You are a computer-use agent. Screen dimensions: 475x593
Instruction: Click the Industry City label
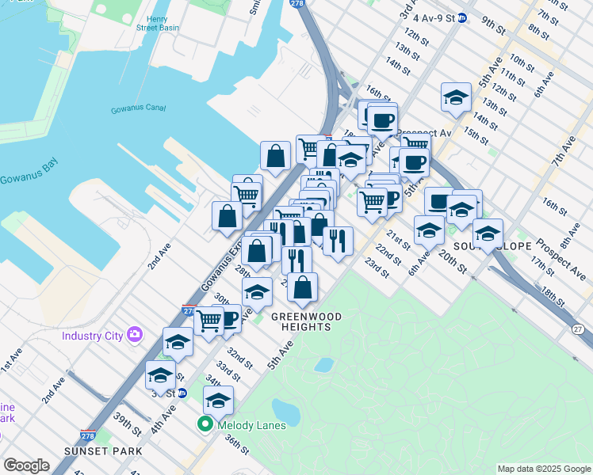click(93, 336)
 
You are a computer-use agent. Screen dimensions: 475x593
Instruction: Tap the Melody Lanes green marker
click(203, 425)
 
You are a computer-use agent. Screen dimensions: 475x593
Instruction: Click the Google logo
click(27, 465)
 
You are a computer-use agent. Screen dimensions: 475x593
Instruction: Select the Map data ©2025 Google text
click(543, 469)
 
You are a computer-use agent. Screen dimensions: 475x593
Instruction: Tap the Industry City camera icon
click(134, 335)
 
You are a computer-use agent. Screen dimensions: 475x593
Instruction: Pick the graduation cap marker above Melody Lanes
click(219, 400)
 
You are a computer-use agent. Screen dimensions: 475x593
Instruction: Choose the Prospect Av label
click(424, 133)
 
